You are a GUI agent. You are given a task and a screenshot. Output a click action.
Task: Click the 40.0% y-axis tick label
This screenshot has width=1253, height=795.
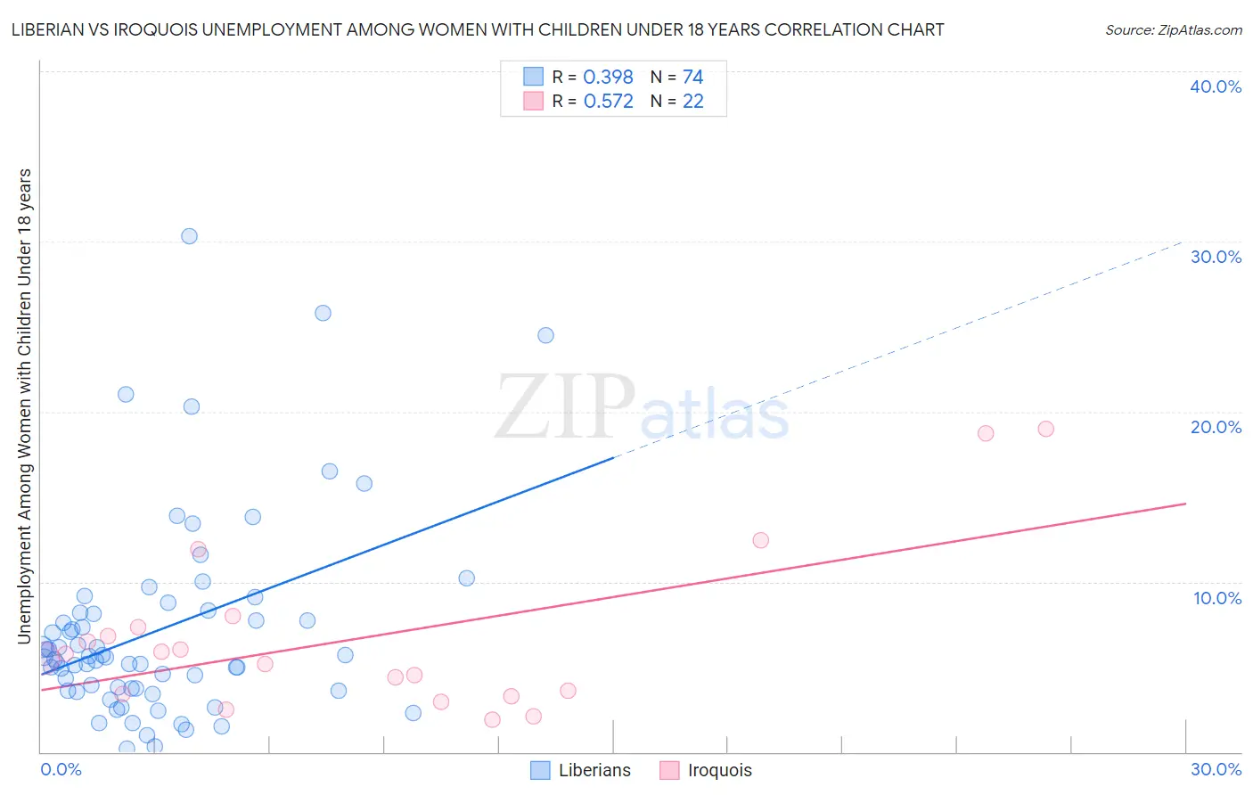(x=1215, y=86)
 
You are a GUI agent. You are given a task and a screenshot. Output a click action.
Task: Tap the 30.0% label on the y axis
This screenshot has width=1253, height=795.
(x=1215, y=257)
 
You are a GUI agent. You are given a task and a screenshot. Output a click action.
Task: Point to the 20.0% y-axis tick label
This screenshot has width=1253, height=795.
(x=1215, y=427)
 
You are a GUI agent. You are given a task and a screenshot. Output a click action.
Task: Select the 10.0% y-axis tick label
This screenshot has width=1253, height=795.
(x=1216, y=598)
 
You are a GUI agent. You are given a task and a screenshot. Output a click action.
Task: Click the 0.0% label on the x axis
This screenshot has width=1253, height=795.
(x=61, y=769)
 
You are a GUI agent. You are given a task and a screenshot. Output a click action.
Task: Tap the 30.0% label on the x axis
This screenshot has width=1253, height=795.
(x=1216, y=769)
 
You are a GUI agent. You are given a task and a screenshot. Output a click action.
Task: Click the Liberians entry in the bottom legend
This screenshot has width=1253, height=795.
(x=594, y=770)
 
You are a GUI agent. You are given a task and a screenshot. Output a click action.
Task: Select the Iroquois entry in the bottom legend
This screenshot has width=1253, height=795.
(x=719, y=770)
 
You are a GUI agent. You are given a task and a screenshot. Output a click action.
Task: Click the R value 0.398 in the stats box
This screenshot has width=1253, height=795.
(x=608, y=77)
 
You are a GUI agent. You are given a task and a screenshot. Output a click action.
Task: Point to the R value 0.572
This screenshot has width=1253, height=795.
(x=608, y=102)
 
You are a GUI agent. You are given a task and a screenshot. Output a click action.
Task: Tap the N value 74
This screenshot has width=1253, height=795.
(x=692, y=77)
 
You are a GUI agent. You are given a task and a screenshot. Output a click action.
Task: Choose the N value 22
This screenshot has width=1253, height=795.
(x=692, y=102)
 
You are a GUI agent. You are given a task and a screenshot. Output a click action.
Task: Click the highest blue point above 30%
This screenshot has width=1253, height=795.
(x=189, y=236)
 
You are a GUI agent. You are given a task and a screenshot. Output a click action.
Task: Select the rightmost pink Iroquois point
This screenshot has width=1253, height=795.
(x=1046, y=429)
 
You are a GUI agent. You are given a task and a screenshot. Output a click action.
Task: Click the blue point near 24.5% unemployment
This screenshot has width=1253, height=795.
(x=545, y=335)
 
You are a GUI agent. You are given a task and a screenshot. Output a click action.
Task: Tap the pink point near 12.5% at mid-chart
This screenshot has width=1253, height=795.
(x=760, y=540)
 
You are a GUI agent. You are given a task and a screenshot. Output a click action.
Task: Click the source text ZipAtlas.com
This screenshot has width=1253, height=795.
(x=1173, y=30)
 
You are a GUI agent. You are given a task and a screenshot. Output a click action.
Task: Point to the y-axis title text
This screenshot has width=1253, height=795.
(x=24, y=406)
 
